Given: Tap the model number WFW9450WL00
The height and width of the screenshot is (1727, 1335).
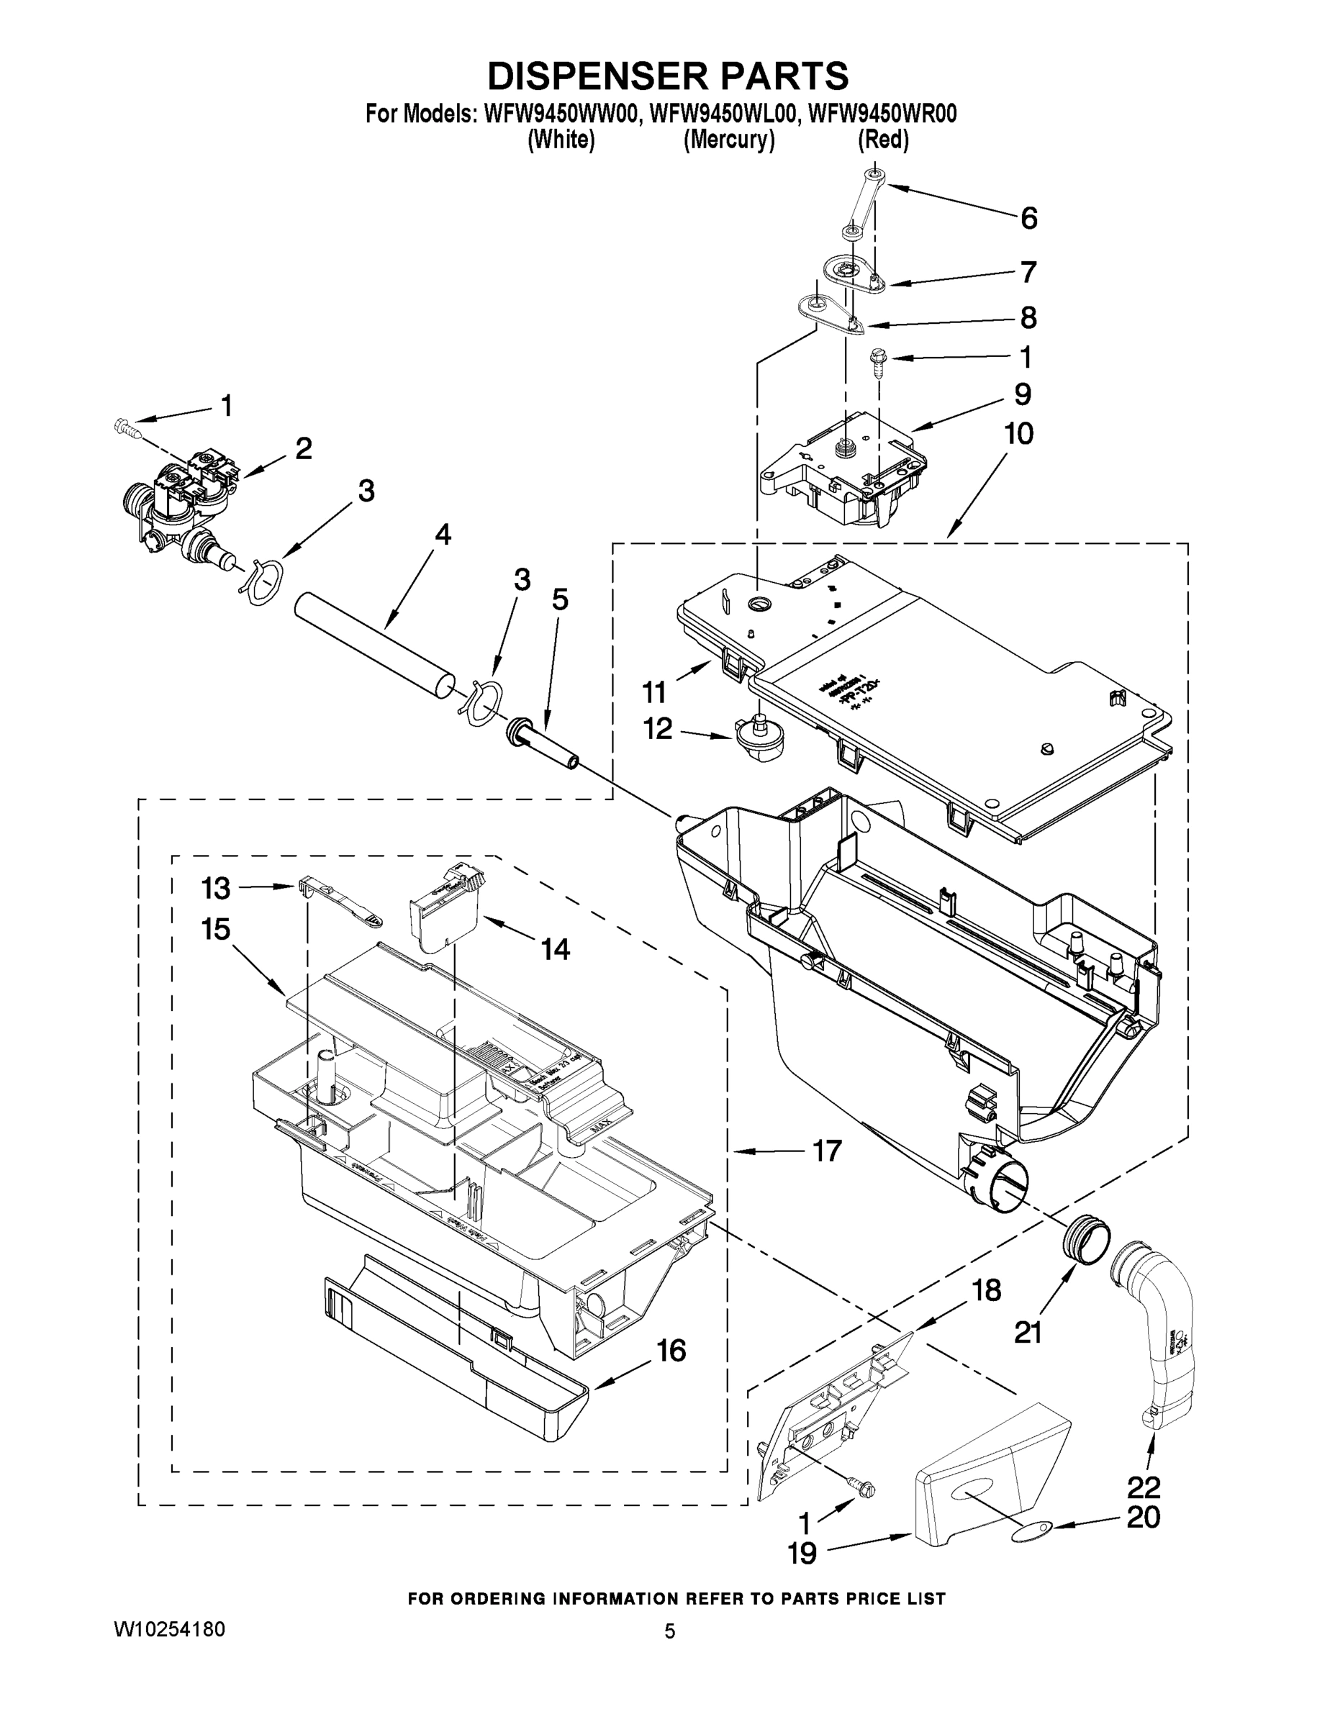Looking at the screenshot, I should (721, 114).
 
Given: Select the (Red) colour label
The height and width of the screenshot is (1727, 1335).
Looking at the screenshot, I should (882, 140).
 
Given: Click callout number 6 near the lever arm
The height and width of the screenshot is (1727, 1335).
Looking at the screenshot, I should (1028, 218).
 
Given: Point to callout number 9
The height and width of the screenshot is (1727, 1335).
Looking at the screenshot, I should (1022, 394).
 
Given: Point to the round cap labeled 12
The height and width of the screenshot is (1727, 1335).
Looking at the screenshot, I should (754, 739).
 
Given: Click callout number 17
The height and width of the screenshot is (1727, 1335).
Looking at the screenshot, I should (827, 1151).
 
